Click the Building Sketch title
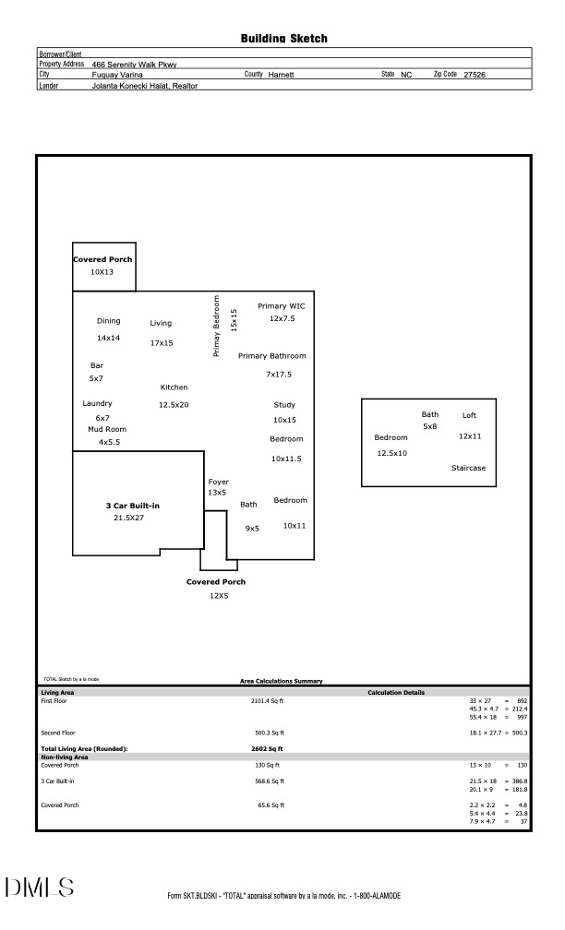pos(283,39)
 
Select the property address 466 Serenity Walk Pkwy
pos(135,65)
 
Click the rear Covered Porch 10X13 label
pos(102,260)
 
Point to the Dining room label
pos(109,321)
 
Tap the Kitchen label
pos(174,387)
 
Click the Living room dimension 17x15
pos(161,343)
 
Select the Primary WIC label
pos(282,306)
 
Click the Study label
pos(284,405)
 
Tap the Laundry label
pos(97,403)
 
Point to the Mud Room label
pos(107,429)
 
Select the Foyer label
pos(218,482)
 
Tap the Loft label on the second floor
pos(469,415)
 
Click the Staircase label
pos(468,468)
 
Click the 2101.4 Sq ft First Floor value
pos(265,700)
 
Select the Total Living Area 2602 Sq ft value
pos(267,748)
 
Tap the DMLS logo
pos(40,888)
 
